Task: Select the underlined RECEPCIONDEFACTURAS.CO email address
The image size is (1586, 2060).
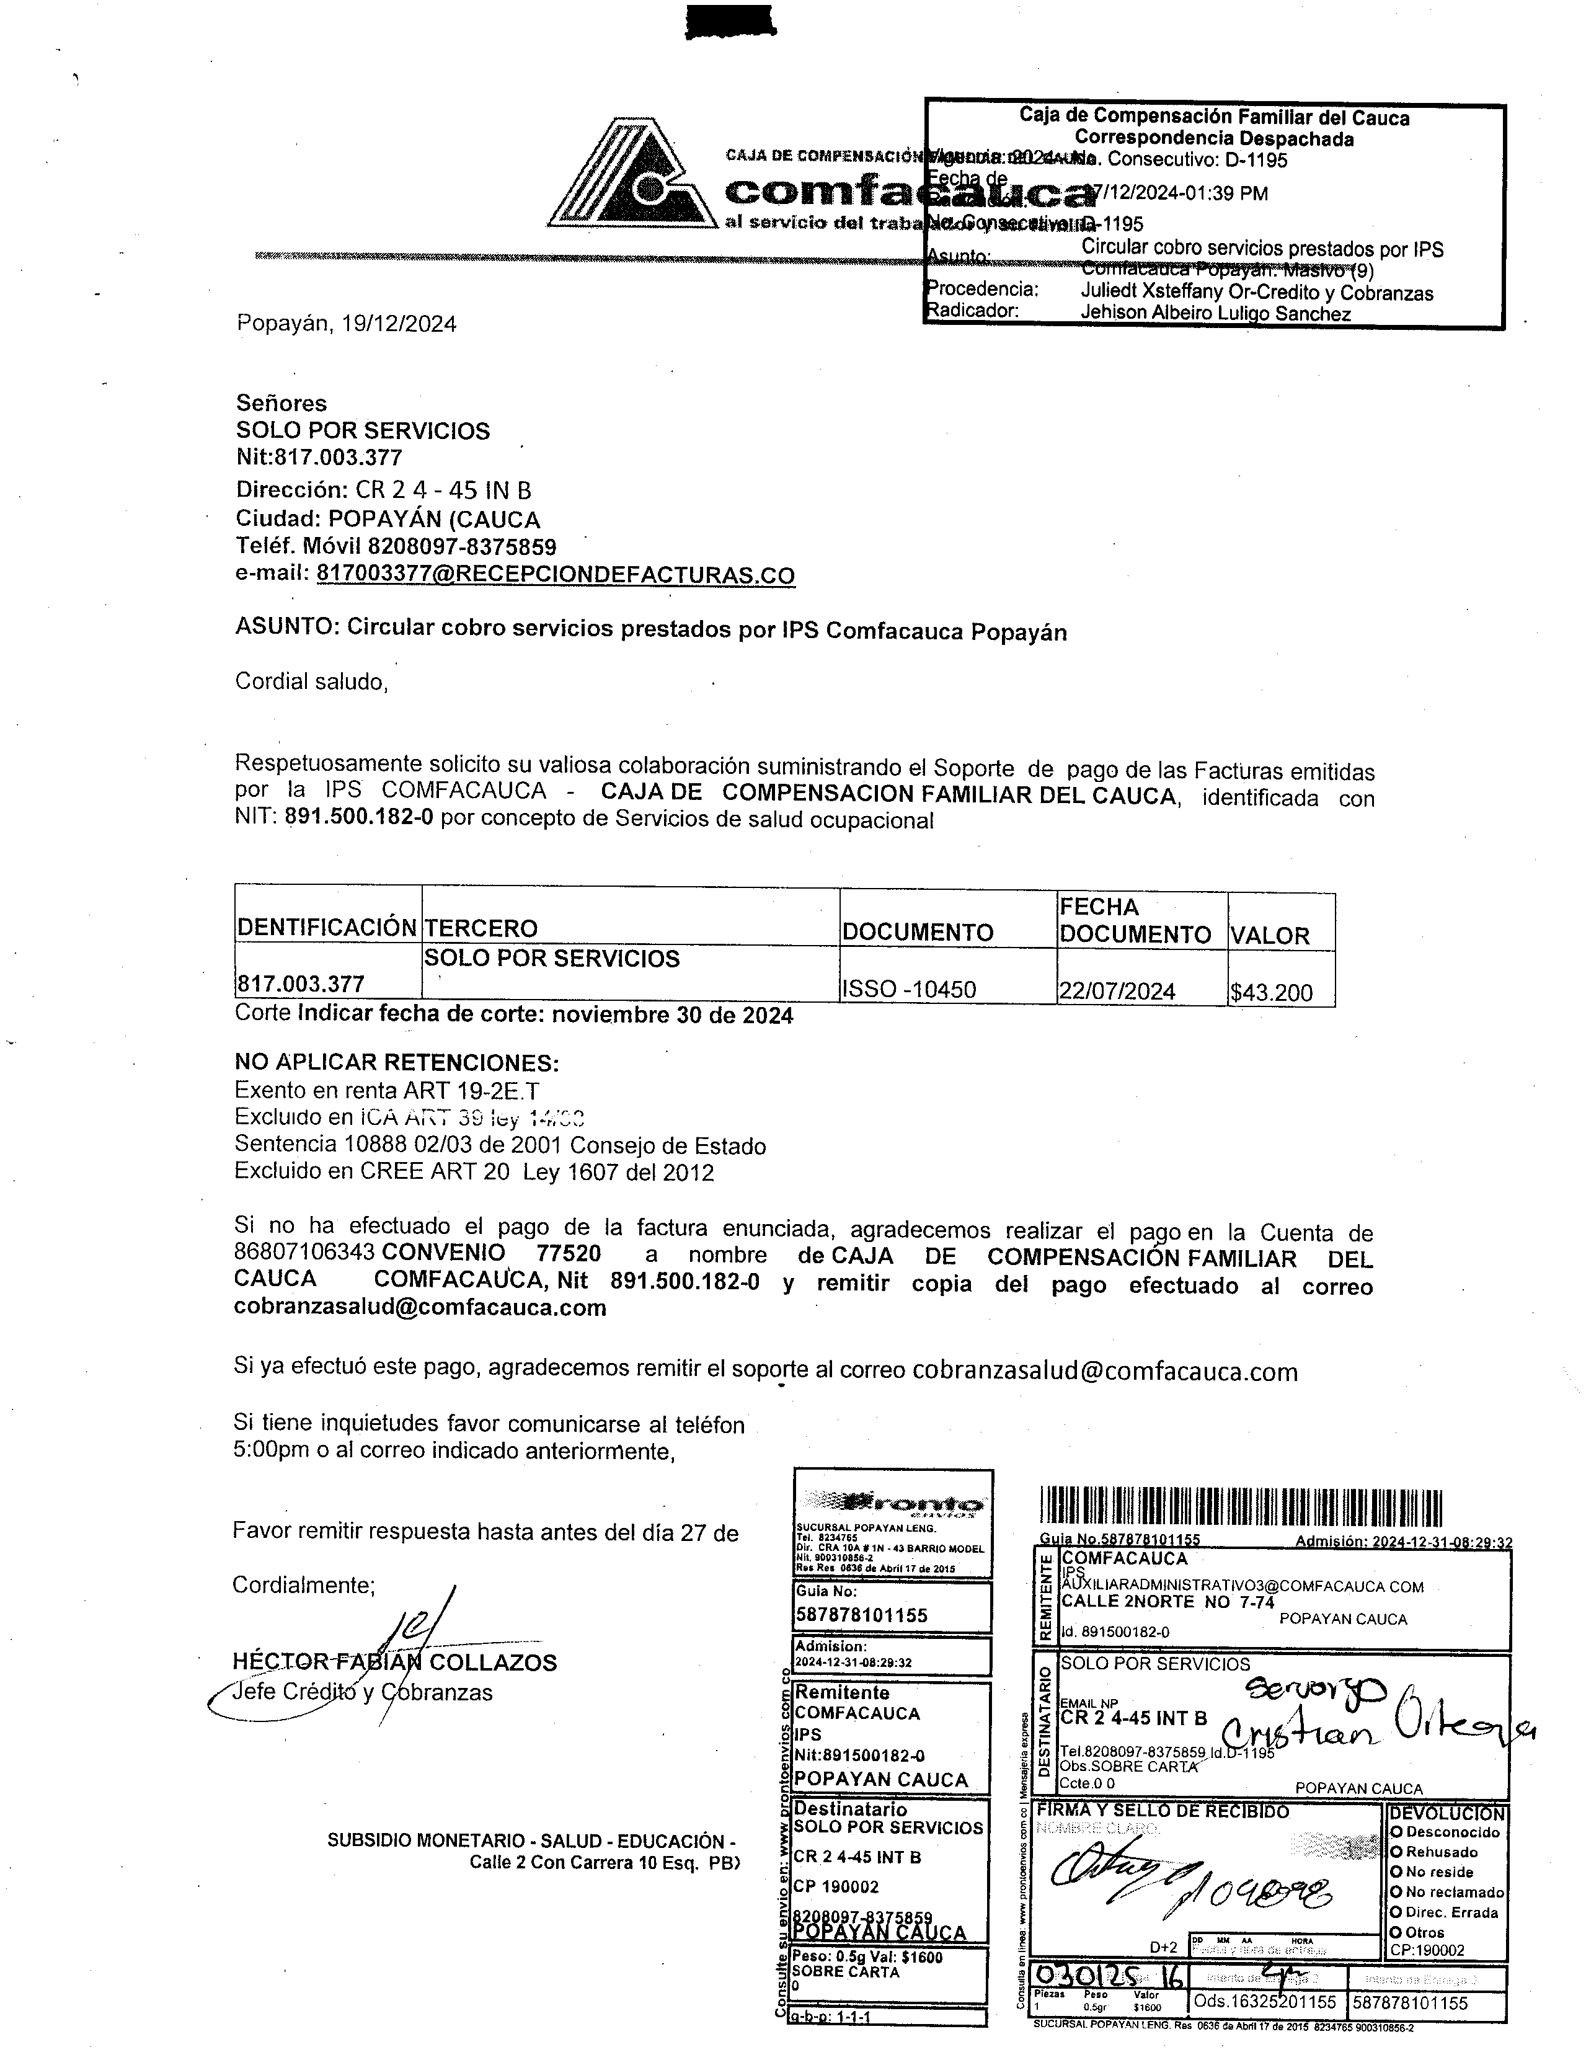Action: point(556,575)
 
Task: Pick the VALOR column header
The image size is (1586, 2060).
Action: point(1270,936)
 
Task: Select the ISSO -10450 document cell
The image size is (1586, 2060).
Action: point(909,990)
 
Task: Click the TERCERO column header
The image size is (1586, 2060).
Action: point(481,929)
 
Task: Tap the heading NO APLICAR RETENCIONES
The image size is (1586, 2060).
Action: point(396,1063)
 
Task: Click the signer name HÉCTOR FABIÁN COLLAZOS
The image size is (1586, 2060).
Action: point(394,1662)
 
